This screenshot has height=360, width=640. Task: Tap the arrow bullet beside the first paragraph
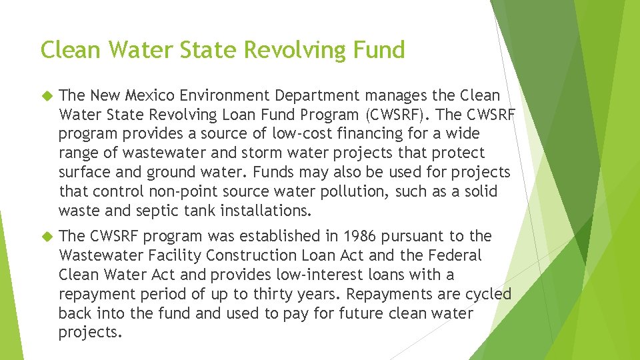click(46, 96)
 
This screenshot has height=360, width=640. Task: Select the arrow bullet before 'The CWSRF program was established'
click(46, 236)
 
